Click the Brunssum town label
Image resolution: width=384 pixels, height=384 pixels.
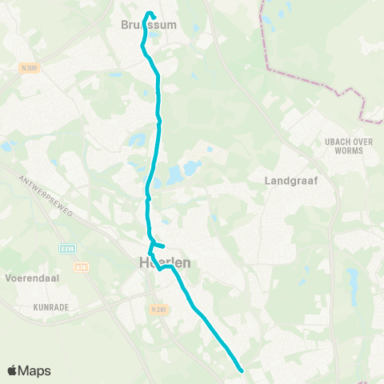[x=148, y=25]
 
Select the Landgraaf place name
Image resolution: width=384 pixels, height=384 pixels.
[x=291, y=181]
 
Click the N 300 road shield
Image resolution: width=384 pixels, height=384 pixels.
[x=30, y=69]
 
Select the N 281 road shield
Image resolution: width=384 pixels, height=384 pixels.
[x=157, y=308]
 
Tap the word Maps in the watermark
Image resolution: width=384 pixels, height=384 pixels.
[x=37, y=370]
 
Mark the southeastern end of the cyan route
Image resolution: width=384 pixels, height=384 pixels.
[x=242, y=370]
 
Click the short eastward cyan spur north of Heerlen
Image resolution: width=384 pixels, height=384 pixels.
[x=159, y=245]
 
